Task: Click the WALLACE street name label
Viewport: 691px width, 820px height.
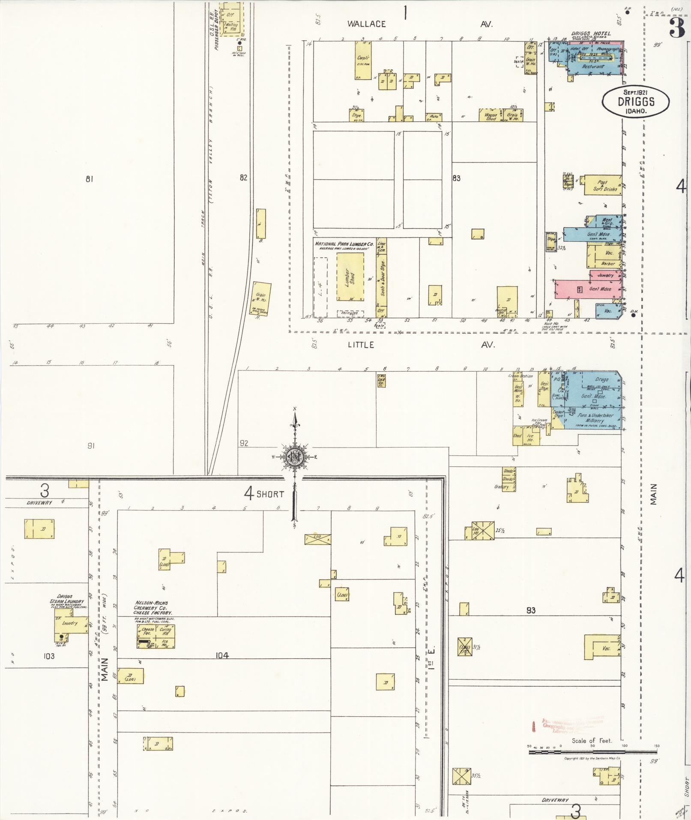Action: coord(366,24)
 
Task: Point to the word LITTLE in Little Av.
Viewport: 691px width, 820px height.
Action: coord(361,345)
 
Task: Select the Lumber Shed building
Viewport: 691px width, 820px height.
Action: coord(350,276)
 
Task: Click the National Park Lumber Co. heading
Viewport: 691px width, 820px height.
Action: coord(344,243)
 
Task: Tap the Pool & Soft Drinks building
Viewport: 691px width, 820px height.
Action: coord(603,185)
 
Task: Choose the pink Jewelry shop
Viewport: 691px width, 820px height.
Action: coord(605,275)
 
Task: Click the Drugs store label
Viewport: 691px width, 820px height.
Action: coord(601,380)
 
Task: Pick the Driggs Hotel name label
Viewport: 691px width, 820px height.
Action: coord(591,33)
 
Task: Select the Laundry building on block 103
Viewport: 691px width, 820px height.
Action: coord(69,623)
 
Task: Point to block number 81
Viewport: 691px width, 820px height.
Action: coord(89,179)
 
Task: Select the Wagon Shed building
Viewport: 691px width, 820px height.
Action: coord(491,115)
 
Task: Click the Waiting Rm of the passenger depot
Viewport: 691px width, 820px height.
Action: coord(231,27)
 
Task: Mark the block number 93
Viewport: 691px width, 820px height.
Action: coord(531,610)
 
